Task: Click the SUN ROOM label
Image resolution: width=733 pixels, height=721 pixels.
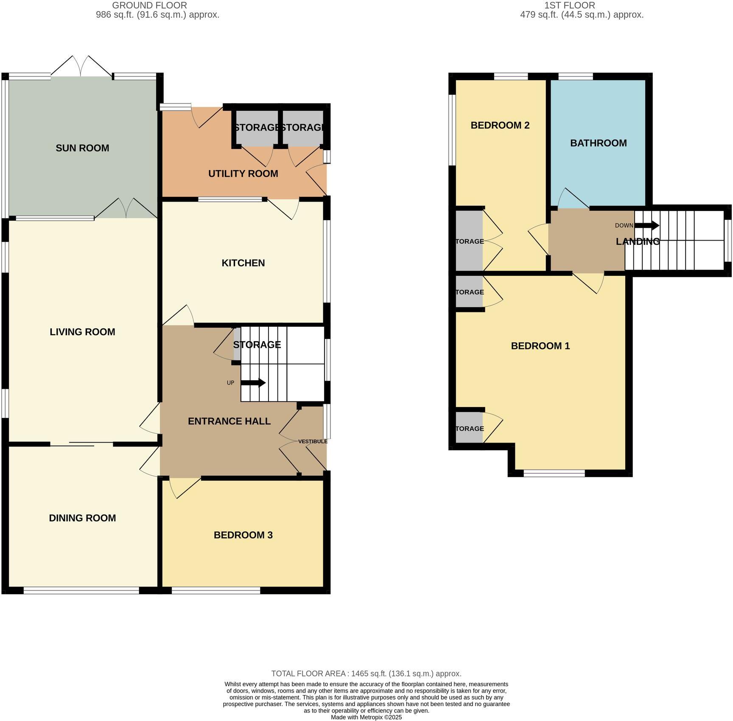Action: (82, 148)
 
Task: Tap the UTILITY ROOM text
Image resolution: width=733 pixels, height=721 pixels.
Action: (243, 174)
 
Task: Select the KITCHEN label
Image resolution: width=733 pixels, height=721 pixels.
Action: (243, 263)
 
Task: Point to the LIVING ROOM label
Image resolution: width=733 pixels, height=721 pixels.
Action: (82, 332)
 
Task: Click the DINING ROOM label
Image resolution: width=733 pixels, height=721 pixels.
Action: (82, 518)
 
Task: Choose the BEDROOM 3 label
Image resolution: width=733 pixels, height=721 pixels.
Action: (243, 535)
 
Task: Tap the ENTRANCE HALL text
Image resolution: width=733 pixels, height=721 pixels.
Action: (229, 421)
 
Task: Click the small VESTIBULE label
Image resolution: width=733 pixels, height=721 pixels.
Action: (313, 441)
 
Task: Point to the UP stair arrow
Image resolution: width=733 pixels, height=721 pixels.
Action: (253, 383)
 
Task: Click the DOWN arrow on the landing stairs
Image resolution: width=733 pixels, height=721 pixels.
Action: (646, 225)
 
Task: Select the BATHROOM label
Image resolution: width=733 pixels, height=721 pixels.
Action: (598, 143)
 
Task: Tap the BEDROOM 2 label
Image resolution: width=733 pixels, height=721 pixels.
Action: (500, 125)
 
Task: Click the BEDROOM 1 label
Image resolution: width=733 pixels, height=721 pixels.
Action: (540, 346)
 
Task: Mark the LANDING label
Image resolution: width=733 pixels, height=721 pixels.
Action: (638, 241)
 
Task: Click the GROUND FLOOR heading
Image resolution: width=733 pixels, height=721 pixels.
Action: (149, 6)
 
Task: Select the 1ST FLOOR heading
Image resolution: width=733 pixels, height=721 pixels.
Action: (569, 6)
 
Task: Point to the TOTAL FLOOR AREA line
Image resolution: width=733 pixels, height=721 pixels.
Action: (366, 673)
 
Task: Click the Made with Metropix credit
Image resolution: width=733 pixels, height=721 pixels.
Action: (366, 717)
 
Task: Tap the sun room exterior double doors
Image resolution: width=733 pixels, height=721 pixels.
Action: (82, 68)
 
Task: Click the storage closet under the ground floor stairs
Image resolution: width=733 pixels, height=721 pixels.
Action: (237, 345)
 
